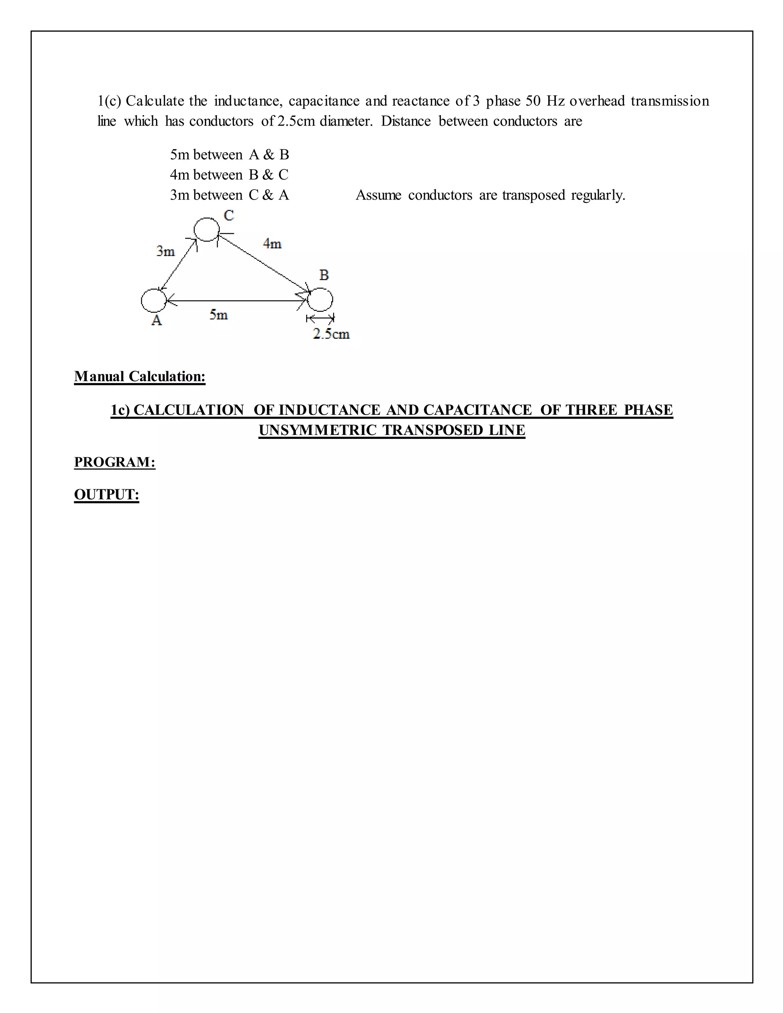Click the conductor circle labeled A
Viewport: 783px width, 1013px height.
pyautogui.click(x=154, y=300)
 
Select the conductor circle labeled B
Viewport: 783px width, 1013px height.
pyautogui.click(x=320, y=299)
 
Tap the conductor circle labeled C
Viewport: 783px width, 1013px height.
pyautogui.click(x=206, y=229)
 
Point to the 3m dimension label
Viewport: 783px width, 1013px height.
pyautogui.click(x=166, y=252)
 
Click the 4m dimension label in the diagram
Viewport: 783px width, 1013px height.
pyautogui.click(x=272, y=244)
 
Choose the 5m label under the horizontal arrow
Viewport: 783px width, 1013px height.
pyautogui.click(x=218, y=315)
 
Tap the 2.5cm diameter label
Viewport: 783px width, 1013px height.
pyautogui.click(x=331, y=334)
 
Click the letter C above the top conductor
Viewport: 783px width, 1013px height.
pyautogui.click(x=229, y=216)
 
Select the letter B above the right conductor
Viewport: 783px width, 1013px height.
pyautogui.click(x=324, y=275)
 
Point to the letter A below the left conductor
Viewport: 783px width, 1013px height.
pyautogui.click(x=157, y=320)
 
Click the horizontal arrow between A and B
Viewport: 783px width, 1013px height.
pyautogui.click(x=237, y=301)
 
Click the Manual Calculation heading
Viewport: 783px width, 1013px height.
pyautogui.click(x=140, y=376)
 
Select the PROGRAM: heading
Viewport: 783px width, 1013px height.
pyautogui.click(x=115, y=462)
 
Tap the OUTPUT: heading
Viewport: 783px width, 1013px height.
pyautogui.click(x=107, y=494)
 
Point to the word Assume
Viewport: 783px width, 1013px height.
pyautogui.click(x=378, y=195)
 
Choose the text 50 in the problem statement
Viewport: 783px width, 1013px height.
pyautogui.click(x=533, y=101)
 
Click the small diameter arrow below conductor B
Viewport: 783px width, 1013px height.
pyautogui.click(x=320, y=319)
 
